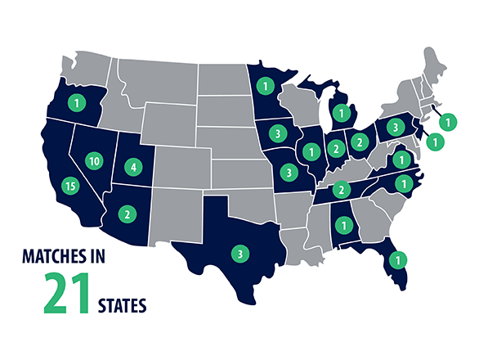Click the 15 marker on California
(x=70, y=186)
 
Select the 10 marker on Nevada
(x=95, y=162)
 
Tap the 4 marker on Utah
(x=134, y=168)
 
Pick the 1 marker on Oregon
(x=75, y=103)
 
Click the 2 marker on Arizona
(x=128, y=214)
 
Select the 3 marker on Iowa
(x=278, y=133)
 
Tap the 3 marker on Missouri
(x=288, y=172)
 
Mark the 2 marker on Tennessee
(x=342, y=190)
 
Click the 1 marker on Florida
(x=398, y=259)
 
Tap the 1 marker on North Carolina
(x=402, y=182)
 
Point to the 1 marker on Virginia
(x=401, y=158)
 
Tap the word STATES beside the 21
(x=122, y=307)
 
